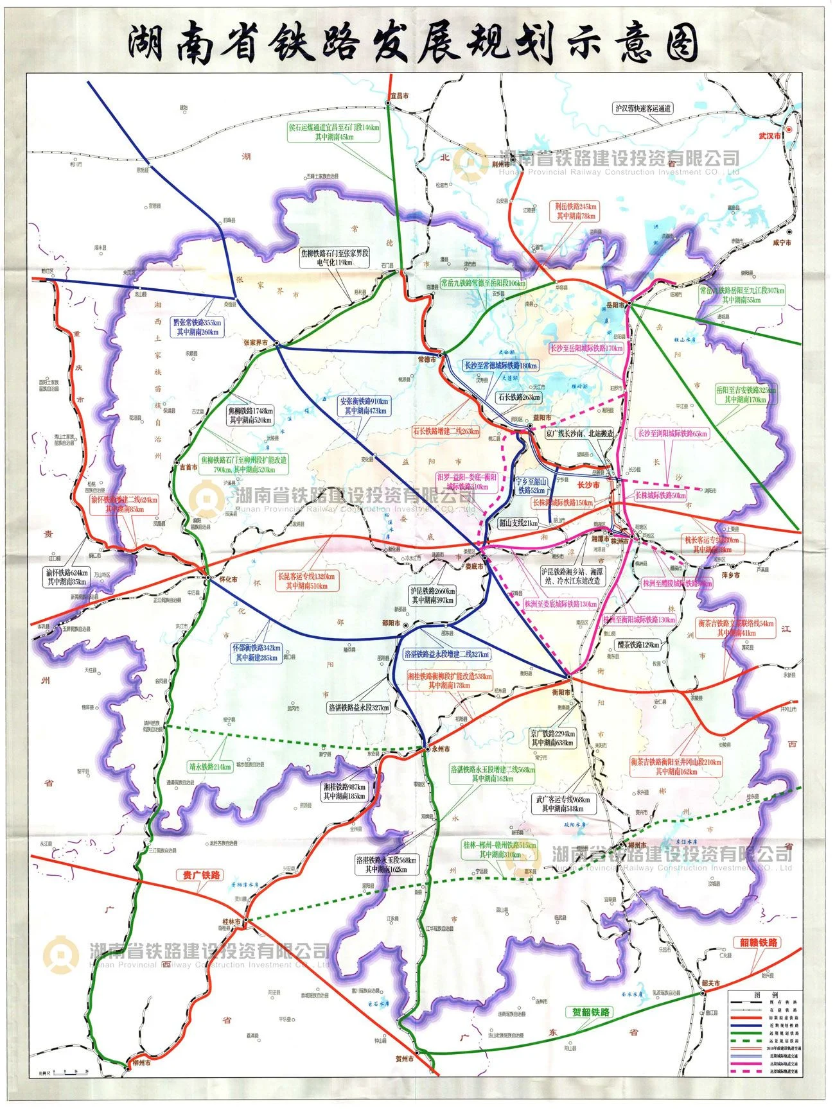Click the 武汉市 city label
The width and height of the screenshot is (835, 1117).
point(769,136)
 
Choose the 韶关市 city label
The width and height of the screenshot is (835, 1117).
point(710,983)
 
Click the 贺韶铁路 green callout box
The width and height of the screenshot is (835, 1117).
point(591,1012)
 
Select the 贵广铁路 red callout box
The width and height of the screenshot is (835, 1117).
point(200,875)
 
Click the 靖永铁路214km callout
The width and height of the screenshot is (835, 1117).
point(210,766)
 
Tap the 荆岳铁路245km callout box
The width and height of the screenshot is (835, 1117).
point(576,211)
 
